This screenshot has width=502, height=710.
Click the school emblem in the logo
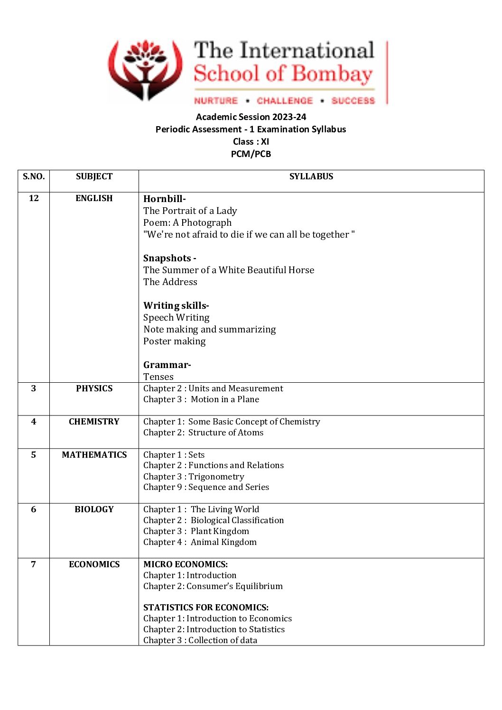145,70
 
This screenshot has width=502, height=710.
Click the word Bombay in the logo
332,74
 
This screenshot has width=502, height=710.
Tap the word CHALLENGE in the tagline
285,101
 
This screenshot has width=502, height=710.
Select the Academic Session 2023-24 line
251,117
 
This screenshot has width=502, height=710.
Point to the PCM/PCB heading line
251,154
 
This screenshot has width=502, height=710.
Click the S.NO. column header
34,176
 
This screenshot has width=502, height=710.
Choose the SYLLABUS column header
311,176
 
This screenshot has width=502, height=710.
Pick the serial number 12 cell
34,198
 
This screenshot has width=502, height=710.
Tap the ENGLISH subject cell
94,198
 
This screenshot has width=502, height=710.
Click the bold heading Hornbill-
165,199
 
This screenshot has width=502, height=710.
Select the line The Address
170,282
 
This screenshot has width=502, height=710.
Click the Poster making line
175,341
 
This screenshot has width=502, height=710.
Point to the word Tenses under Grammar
158,377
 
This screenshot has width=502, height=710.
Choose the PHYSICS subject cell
94,388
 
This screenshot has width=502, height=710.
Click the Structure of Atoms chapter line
203,433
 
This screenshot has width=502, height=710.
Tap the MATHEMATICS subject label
94,455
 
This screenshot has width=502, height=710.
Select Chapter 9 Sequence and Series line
206,487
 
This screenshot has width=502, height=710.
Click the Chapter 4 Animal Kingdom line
200,542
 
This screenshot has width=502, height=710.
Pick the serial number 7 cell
34,564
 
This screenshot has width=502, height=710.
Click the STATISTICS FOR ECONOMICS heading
206,608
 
